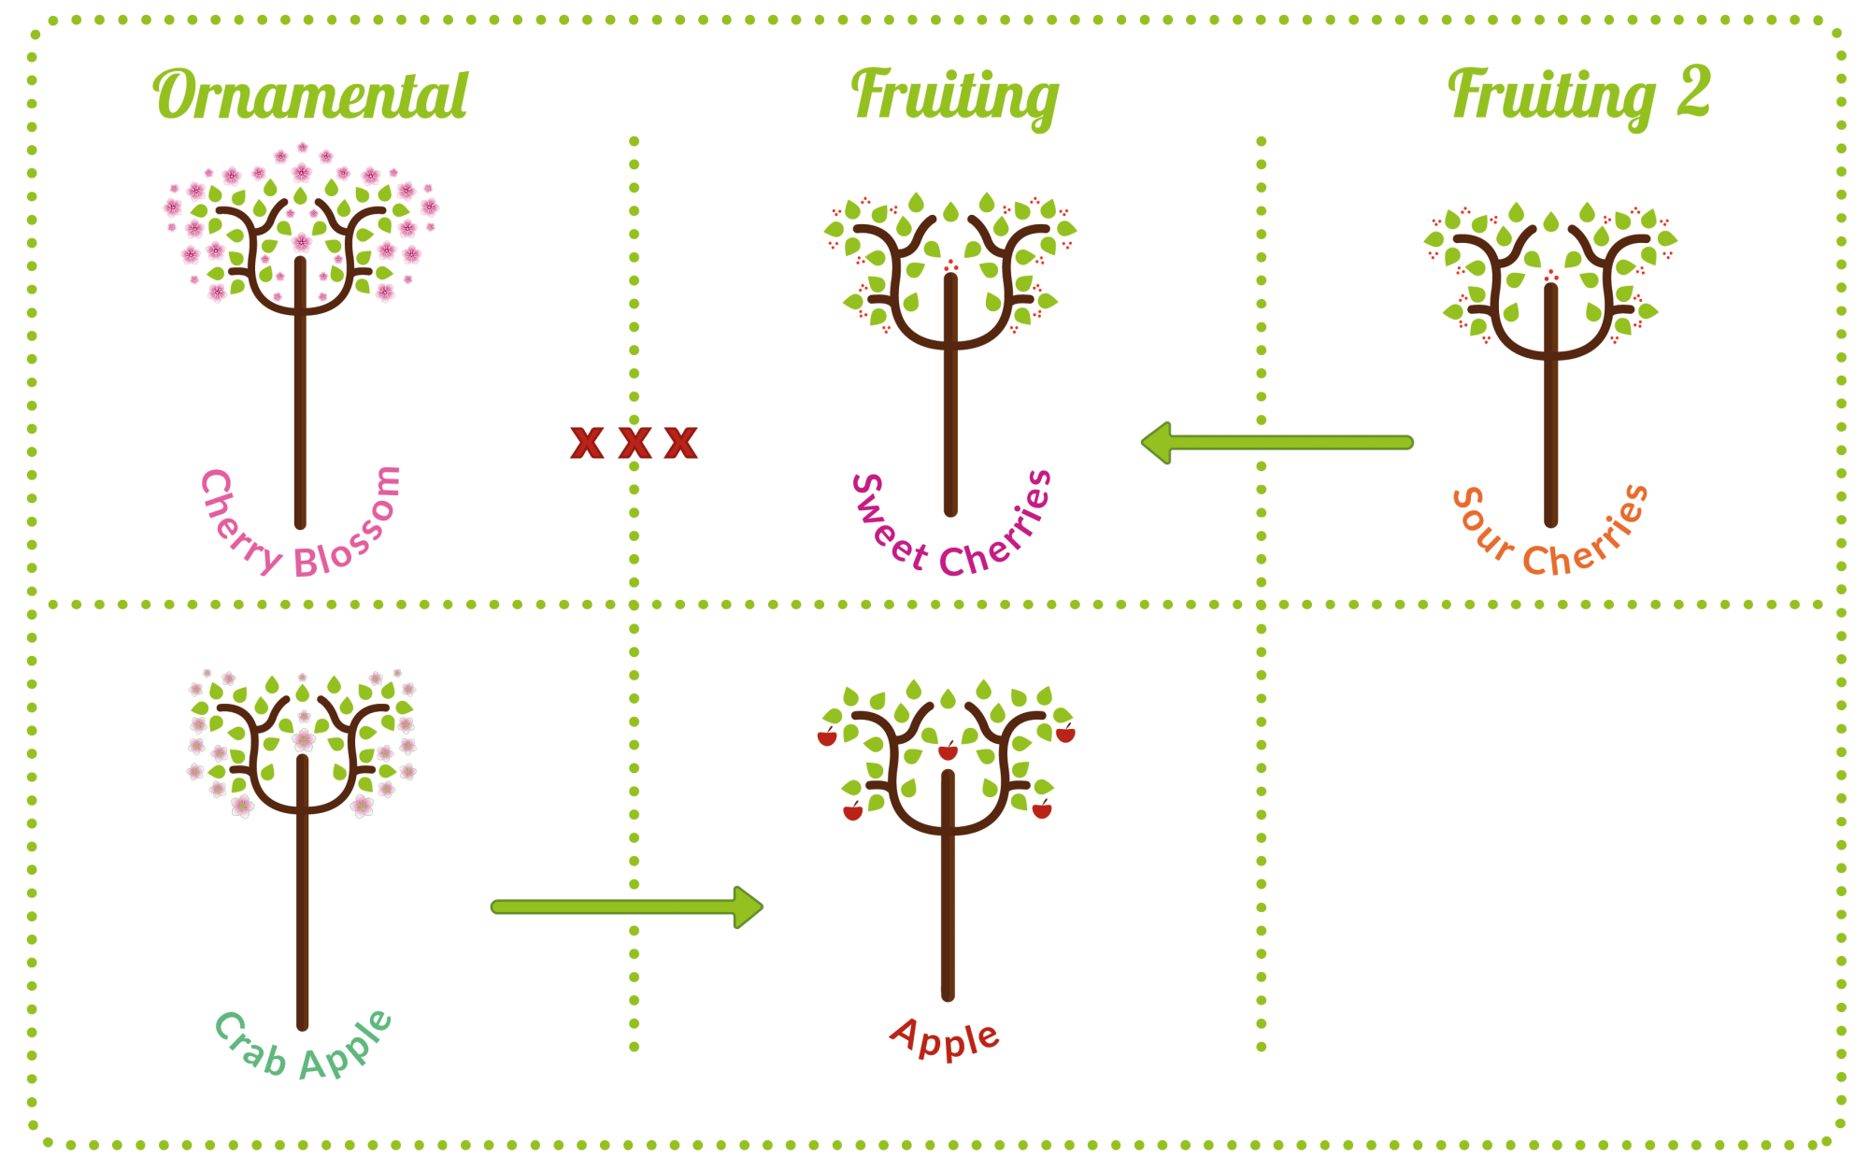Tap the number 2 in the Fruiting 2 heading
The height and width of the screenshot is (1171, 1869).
click(1693, 92)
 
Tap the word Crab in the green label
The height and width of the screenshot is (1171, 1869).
click(248, 1045)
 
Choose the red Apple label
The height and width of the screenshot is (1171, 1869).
click(945, 1037)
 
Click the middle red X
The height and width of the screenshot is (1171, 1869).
click(635, 442)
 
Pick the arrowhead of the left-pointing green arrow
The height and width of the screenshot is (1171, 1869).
click(1159, 442)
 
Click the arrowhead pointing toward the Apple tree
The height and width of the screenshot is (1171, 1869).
click(748, 907)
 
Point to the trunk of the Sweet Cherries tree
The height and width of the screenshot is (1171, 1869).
click(950, 421)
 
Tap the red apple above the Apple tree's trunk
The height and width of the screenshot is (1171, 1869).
click(948, 751)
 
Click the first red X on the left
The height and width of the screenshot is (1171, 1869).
click(587, 442)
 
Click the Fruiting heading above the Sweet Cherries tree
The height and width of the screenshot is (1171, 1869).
click(954, 96)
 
